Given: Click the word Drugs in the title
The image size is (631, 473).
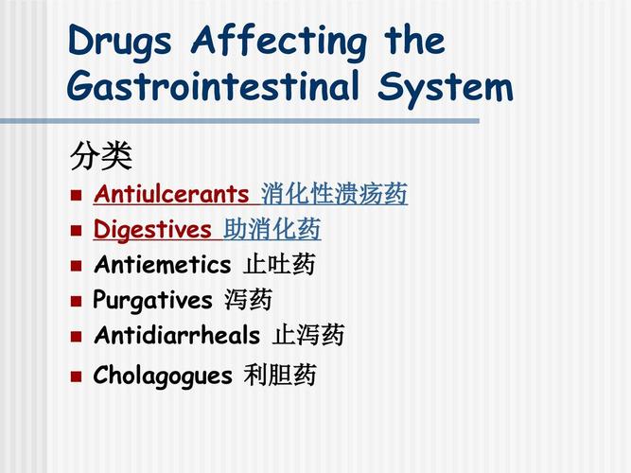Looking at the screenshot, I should [121, 42].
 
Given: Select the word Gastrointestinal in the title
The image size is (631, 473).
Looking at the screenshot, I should [215, 87].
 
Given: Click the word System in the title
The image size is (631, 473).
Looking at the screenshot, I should [445, 87].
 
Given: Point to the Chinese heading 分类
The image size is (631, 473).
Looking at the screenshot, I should [100, 155].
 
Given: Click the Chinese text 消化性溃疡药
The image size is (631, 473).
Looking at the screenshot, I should [334, 195].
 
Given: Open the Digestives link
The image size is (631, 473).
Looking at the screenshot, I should [152, 230].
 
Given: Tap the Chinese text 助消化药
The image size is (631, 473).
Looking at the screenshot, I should [272, 230].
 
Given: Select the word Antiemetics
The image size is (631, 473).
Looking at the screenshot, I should [162, 265].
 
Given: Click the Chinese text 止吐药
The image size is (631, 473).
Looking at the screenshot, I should [279, 265].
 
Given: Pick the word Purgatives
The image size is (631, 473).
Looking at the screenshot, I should [152, 301].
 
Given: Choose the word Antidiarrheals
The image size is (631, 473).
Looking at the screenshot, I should [177, 336].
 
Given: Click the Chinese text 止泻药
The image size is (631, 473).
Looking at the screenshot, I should [309, 336].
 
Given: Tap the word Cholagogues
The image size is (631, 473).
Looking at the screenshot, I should [163, 376].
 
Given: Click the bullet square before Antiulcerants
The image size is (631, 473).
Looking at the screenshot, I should [78, 197].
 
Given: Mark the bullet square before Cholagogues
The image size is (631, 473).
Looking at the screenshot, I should [78, 377].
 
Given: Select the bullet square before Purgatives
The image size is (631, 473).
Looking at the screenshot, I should [78, 302].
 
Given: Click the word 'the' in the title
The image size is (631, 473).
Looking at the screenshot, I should [413, 42].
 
